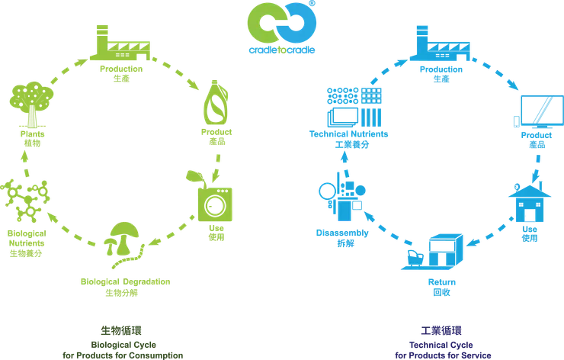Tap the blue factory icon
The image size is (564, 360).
point(440,43)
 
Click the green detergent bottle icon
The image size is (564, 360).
point(216,103)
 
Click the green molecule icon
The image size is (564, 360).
point(25,201)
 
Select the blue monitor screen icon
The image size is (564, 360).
point(542,111)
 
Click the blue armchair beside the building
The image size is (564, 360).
point(415,258)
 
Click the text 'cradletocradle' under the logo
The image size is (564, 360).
point(282,50)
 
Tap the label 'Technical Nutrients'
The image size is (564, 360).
point(348,134)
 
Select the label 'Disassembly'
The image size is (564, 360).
point(342,233)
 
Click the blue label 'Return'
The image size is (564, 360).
point(442,282)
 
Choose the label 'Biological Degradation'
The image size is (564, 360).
point(125,281)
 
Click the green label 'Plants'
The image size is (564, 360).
point(32,134)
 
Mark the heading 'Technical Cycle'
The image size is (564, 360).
point(441,345)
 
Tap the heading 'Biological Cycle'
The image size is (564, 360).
point(123,345)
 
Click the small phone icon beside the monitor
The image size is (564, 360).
point(517,122)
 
